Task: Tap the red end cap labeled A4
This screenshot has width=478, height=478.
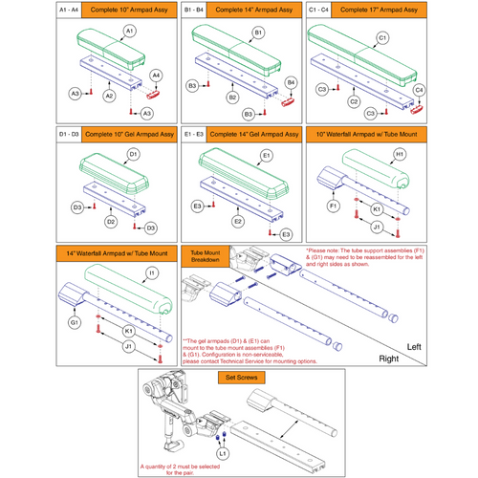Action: (x=151, y=95)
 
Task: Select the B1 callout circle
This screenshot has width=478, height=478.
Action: (x=257, y=33)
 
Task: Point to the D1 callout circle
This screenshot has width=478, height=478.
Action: (x=133, y=155)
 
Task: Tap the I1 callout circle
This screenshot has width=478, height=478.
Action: (x=150, y=272)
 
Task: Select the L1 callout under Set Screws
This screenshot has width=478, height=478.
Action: (x=222, y=450)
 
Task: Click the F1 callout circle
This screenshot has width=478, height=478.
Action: (x=334, y=206)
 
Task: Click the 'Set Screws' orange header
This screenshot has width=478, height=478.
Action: (x=238, y=376)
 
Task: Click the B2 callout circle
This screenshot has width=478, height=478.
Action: (x=231, y=98)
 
